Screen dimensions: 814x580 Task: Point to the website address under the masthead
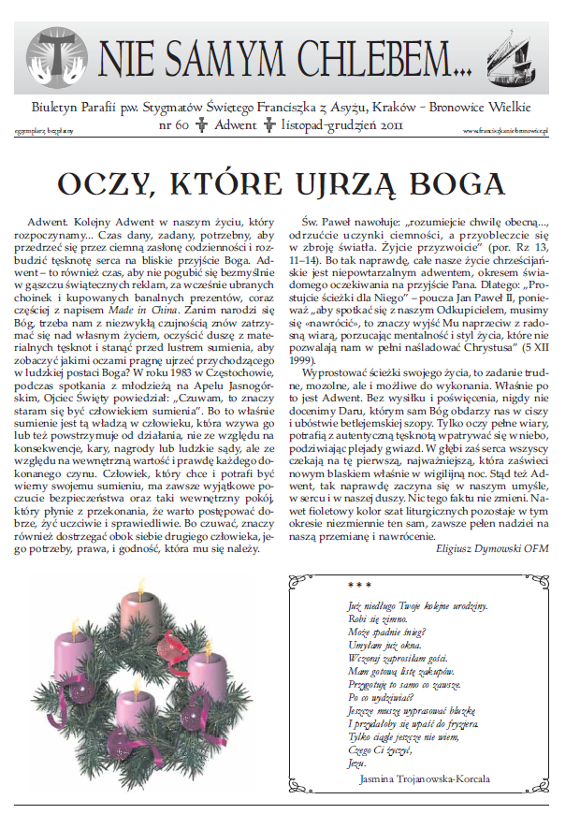[x=504, y=131]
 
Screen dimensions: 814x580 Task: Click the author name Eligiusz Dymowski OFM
[x=492, y=547]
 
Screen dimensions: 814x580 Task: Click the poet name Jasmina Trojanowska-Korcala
[x=423, y=778]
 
